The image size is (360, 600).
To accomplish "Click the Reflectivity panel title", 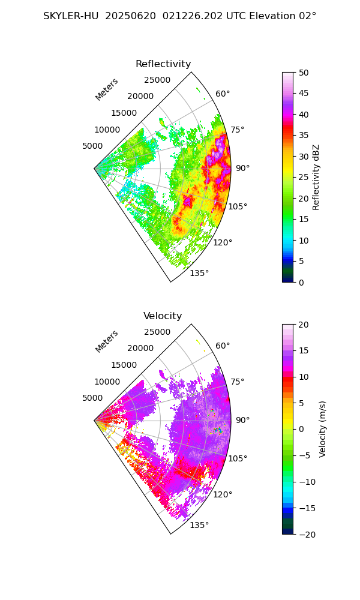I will [163, 64].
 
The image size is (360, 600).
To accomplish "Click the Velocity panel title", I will [163, 316].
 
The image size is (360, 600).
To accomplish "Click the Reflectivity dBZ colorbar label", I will [316, 177].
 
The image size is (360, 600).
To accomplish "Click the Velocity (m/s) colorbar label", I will [322, 429].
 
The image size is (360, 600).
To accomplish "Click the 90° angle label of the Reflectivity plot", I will [242, 169].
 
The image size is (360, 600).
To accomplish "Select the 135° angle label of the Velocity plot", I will [199, 526].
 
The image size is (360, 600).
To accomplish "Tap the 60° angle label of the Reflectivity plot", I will [223, 94].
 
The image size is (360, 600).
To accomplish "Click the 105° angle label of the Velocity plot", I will [238, 459].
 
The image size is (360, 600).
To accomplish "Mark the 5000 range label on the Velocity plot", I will [92, 398].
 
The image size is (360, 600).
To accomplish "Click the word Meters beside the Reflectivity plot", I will [107, 89].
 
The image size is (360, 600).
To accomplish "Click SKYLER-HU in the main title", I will [71, 16].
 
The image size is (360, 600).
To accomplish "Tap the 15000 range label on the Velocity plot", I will [124, 365].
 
